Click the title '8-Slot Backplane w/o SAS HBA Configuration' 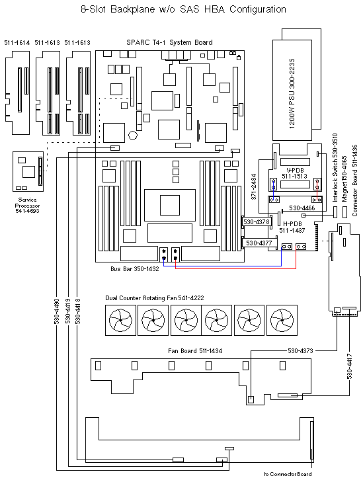(183, 9)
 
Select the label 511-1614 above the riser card (17, 42)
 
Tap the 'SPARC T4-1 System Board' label (169, 42)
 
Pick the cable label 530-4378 (257, 221)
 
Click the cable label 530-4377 (259, 243)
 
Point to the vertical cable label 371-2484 (254, 187)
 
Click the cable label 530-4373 (305, 350)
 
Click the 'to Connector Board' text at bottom (287, 474)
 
